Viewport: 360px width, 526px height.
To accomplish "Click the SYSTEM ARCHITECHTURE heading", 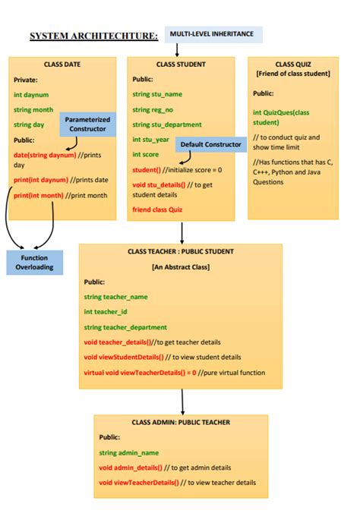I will tap(93, 36).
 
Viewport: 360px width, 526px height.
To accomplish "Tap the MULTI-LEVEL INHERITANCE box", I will tap(212, 34).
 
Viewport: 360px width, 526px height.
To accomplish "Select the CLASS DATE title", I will tap(62, 65).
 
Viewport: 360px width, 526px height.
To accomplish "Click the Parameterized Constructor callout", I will tap(87, 124).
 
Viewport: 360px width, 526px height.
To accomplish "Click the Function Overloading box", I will tap(34, 263).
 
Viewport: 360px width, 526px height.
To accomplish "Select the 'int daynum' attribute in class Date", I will tap(31, 95).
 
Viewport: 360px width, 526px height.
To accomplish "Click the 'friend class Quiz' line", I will tap(157, 209).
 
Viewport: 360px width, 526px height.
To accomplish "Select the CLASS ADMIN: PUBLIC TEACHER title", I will tap(181, 422).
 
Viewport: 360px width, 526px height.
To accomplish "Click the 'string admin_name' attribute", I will tap(129, 452).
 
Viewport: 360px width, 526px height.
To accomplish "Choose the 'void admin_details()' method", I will tap(131, 468).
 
